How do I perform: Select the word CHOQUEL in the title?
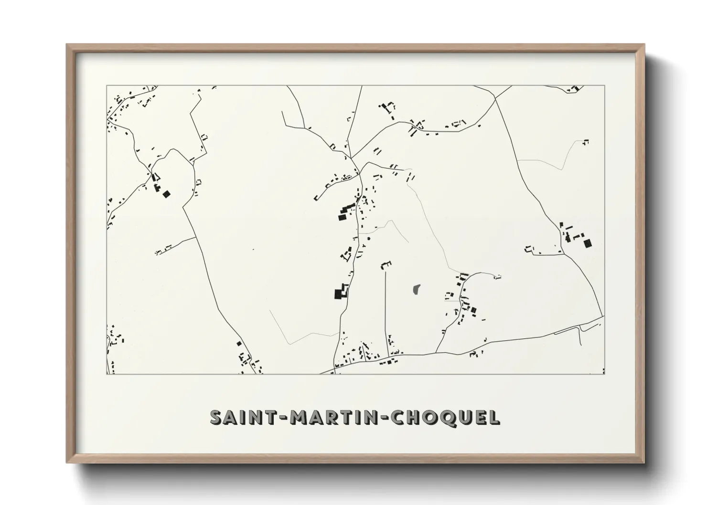pyautogui.click(x=445, y=417)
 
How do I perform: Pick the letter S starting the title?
pyautogui.click(x=216, y=417)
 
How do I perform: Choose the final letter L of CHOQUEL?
pyautogui.click(x=494, y=417)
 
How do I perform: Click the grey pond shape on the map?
pyautogui.click(x=416, y=289)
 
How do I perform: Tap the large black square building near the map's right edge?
pyautogui.click(x=587, y=243)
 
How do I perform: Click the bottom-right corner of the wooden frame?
pyautogui.click(x=644, y=463)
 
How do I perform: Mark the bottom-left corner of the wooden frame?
pyautogui.click(x=67, y=463)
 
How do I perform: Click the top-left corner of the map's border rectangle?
pyautogui.click(x=107, y=86)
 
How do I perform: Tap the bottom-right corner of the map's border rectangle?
pyautogui.click(x=604, y=374)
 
